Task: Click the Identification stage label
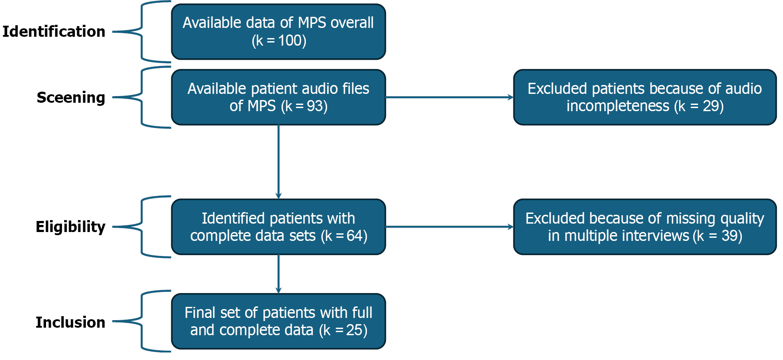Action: pyautogui.click(x=54, y=32)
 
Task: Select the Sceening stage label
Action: pyautogui.click(x=71, y=97)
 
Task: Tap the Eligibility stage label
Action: pyautogui.click(x=70, y=227)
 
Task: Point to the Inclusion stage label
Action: pyautogui.click(x=70, y=322)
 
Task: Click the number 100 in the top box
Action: pyautogui.click(x=290, y=41)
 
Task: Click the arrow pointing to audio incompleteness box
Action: pyautogui.click(x=449, y=97)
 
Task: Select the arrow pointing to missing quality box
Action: pyautogui.click(x=449, y=227)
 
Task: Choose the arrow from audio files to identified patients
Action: pyautogui.click(x=278, y=162)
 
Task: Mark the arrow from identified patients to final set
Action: pyautogui.click(x=278, y=274)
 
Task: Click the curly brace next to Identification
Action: pyautogui.click(x=142, y=32)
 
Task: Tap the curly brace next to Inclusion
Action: pyautogui.click(x=142, y=321)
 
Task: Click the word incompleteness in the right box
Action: pyautogui.click(x=618, y=106)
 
